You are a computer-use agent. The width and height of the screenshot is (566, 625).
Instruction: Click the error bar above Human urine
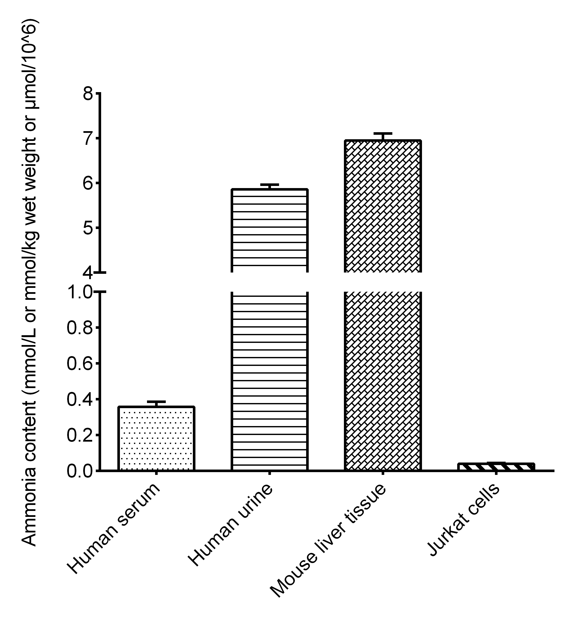pos(269,187)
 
